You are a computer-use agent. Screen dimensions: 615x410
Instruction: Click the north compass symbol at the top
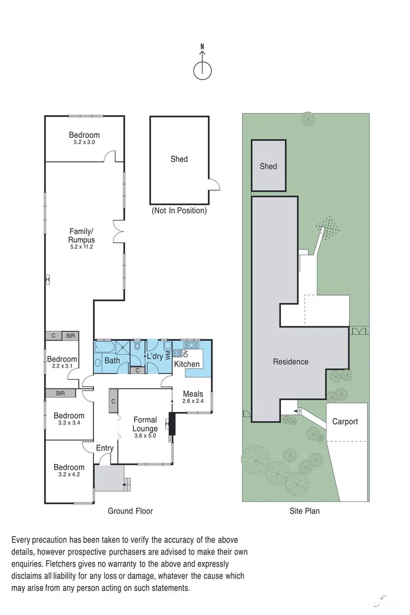[202, 70]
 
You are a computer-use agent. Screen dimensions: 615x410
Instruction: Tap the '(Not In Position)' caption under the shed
[179, 211]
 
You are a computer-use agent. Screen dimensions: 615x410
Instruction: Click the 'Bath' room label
[112, 361]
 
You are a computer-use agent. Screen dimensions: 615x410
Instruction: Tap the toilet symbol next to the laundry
[138, 348]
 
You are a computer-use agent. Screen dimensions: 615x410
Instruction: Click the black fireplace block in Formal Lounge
[172, 425]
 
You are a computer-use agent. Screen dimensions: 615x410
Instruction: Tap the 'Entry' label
[105, 448]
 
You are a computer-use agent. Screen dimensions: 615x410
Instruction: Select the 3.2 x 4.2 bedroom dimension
[69, 475]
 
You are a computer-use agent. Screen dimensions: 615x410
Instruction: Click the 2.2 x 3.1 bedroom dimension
[62, 367]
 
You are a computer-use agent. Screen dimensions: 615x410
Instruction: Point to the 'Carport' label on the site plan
[345, 421]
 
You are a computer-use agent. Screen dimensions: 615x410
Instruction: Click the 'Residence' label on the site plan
[290, 361]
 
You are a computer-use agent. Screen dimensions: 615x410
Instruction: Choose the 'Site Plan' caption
[305, 511]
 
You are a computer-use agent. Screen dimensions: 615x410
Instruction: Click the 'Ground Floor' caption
[130, 511]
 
